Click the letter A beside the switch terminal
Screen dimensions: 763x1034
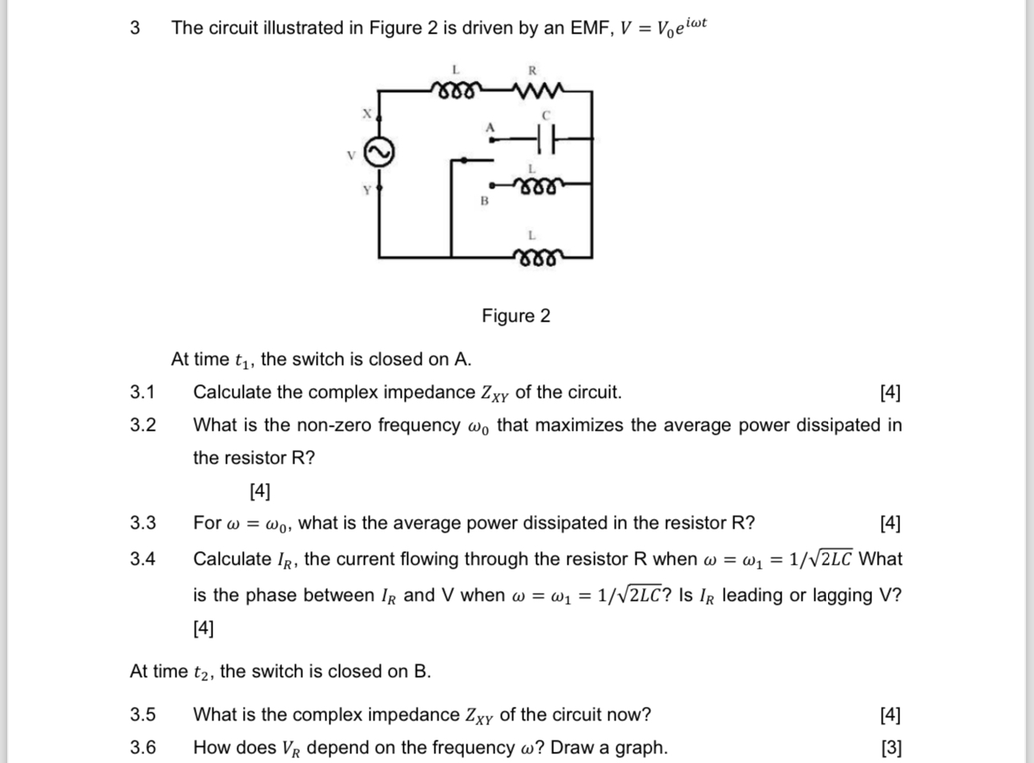491,127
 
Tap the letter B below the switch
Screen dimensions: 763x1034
484,201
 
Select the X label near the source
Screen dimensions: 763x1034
367,114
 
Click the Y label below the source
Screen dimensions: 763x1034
367,190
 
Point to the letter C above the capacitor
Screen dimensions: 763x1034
547,116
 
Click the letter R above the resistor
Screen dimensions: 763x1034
532,71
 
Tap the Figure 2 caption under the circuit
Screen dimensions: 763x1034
516,316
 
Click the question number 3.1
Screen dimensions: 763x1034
143,392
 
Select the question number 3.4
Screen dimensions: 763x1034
143,559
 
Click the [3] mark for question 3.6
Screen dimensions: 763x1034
891,748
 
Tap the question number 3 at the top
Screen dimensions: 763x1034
135,28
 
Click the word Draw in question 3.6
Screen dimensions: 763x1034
573,748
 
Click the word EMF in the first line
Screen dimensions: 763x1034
590,28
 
